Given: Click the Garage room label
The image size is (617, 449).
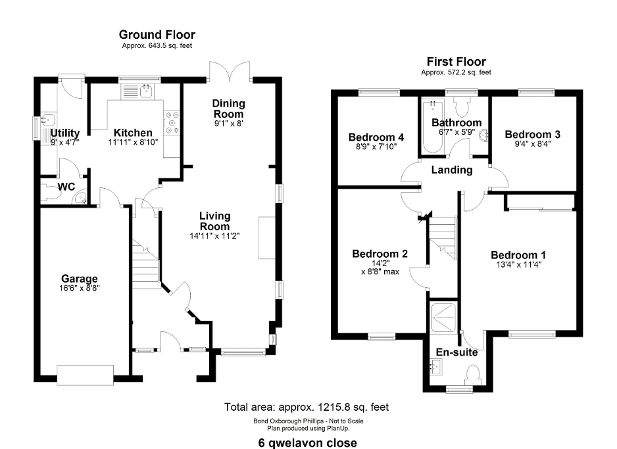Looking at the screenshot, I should tap(80, 278).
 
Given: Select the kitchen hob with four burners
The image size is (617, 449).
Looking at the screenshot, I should tap(173, 123).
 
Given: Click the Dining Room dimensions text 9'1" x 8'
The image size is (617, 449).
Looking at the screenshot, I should tap(228, 122).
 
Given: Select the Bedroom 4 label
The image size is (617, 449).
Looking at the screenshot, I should tap(376, 137).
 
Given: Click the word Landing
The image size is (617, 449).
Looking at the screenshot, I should tap(452, 170).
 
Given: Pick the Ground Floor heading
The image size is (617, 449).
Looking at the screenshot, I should tap(157, 34).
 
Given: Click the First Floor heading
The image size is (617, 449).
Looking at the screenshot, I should tap(457, 60).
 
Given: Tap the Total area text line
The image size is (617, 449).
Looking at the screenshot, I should tap(310, 407).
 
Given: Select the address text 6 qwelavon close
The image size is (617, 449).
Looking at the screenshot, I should tap(308, 442).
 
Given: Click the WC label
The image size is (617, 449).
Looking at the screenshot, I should tap(66, 187).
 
